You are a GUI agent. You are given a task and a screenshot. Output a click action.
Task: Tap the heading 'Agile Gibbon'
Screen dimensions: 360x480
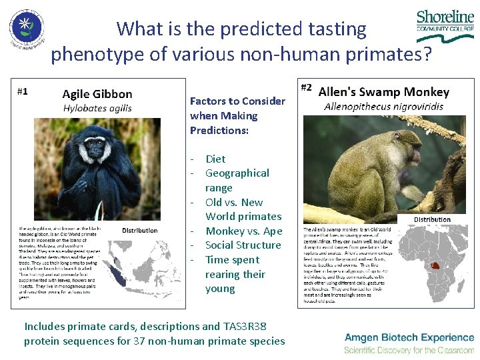pos(97,94)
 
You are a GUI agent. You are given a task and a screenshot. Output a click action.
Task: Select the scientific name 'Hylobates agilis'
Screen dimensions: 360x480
pos(97,108)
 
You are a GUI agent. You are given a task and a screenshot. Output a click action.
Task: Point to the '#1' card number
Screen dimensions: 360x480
pos(23,91)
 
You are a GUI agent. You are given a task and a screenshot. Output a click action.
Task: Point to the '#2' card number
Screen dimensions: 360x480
pos(307,87)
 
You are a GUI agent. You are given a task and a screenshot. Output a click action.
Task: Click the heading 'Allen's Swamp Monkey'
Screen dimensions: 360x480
pos(384,92)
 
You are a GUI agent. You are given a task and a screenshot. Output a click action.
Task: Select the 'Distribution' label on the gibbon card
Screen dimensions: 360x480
pos(140,230)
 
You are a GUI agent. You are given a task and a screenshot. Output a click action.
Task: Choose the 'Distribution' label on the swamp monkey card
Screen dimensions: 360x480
pos(432,219)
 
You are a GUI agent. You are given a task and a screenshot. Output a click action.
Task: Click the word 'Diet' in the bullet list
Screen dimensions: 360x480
pos(215,159)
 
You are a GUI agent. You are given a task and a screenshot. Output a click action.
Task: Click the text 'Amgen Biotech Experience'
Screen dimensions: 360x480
pos(409,338)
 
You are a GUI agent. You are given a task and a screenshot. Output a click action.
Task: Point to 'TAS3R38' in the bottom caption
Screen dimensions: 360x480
pos(246,326)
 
